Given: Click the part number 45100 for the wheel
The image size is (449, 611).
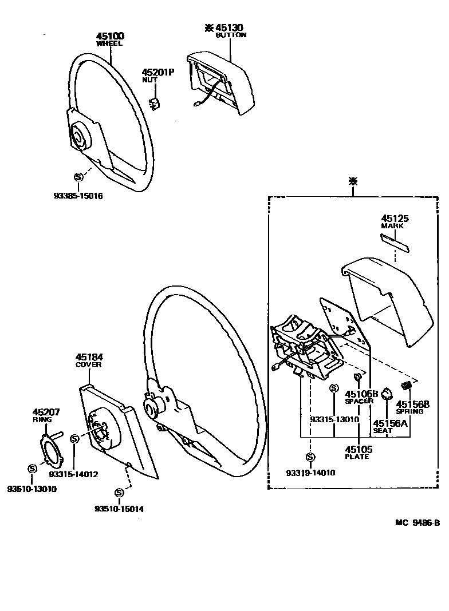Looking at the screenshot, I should coord(110,37).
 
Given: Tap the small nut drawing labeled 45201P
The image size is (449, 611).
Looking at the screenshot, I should coord(154,104).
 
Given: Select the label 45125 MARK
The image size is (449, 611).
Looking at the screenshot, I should coord(393,221).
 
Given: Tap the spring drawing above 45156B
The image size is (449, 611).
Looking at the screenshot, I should coord(408,385).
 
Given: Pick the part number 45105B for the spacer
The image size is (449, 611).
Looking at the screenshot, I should coord(361,394).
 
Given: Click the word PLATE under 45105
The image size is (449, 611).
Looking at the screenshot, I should coord(357,457).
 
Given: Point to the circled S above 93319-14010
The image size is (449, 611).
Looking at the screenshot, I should coord(310,457).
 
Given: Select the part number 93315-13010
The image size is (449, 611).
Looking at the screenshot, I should coord(334,419).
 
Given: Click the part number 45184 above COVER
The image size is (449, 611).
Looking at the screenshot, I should coord(89,357).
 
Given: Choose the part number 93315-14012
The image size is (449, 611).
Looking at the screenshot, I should coord(73,474).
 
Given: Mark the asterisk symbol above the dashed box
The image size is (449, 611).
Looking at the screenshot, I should coord(353,182).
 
